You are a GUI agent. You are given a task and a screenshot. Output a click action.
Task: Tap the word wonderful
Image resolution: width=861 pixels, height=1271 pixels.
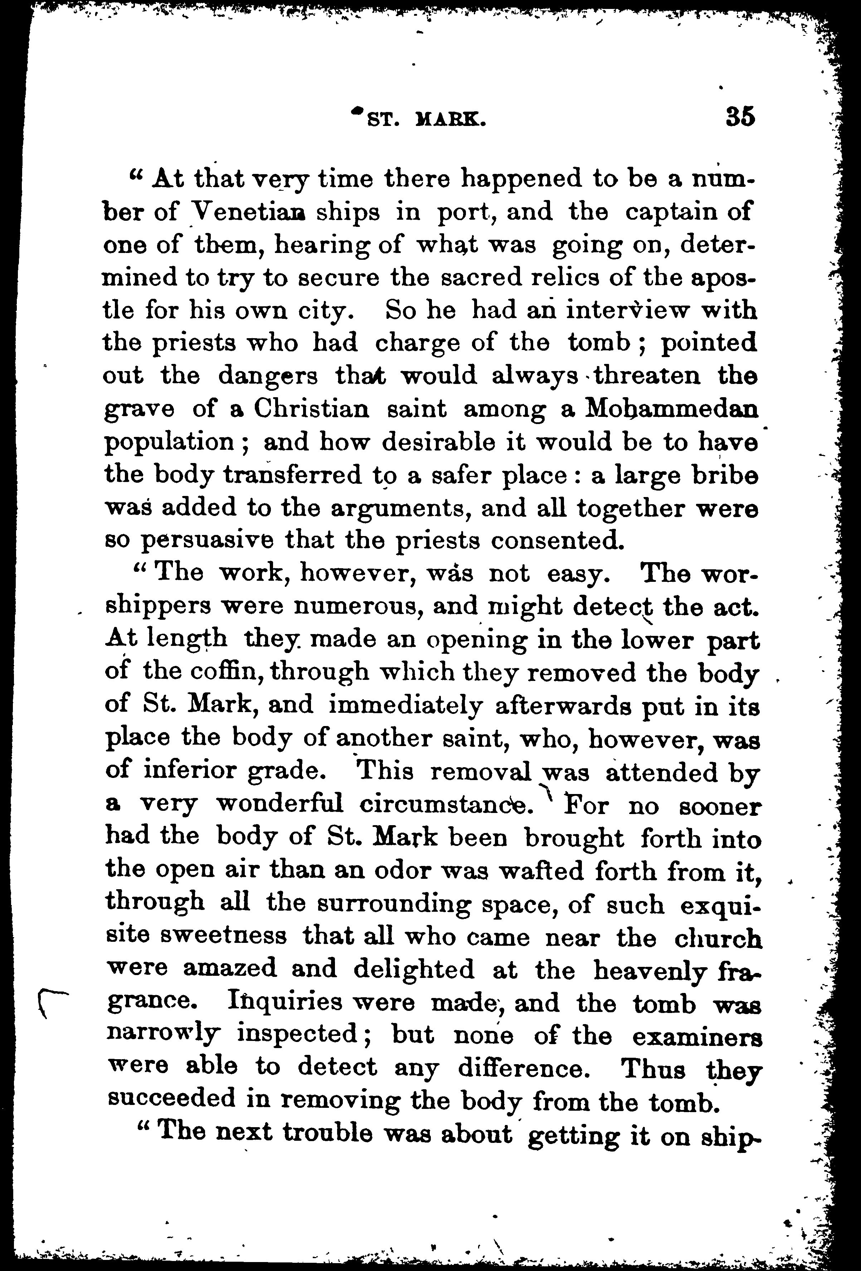click(280, 804)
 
